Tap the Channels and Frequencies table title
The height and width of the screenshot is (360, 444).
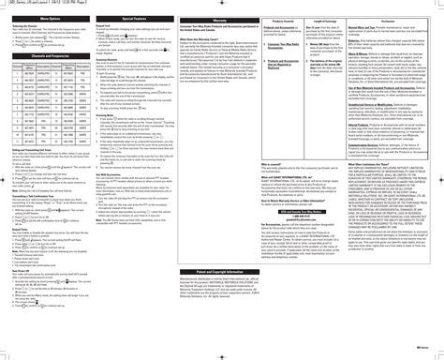point(45,56)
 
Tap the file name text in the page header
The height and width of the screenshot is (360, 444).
point(37,4)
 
